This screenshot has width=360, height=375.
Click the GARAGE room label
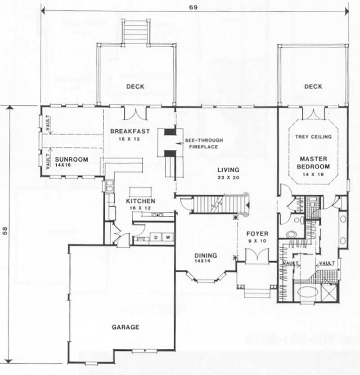(x=125, y=327)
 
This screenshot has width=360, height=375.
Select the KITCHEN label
(x=140, y=201)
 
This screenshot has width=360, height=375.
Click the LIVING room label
(x=229, y=170)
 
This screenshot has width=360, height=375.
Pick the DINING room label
(x=206, y=255)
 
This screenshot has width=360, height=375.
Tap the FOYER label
(x=257, y=234)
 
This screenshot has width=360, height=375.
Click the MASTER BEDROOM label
(x=313, y=162)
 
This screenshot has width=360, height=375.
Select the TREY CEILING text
(x=313, y=137)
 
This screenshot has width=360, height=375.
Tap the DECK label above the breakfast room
(x=135, y=86)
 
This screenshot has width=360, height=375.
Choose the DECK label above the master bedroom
(x=313, y=86)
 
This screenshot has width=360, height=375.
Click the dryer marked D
(x=157, y=237)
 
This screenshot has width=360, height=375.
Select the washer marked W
(x=167, y=237)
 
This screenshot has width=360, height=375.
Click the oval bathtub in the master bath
(x=308, y=292)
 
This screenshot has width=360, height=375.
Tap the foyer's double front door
(x=257, y=255)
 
